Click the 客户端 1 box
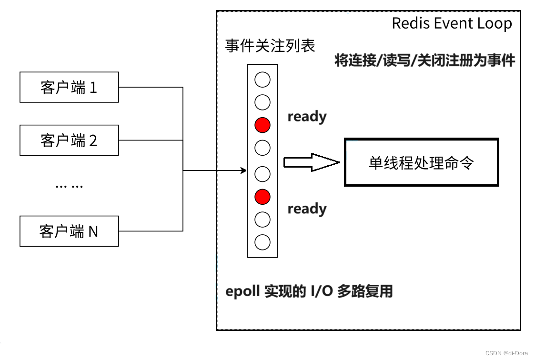pyautogui.click(x=69, y=88)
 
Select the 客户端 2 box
pyautogui.click(x=69, y=140)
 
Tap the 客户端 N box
pyautogui.click(x=69, y=231)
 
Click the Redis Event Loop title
pyautogui.click(x=452, y=23)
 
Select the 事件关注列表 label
pyautogui.click(x=270, y=46)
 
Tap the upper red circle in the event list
pyautogui.click(x=262, y=125)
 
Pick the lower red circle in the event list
pyautogui.click(x=262, y=196)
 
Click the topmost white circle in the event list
pyautogui.click(x=262, y=80)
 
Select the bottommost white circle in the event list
pyautogui.click(x=262, y=242)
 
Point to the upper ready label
pyautogui.click(x=307, y=117)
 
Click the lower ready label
pyautogui.click(x=307, y=209)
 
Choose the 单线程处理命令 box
pyautogui.click(x=421, y=162)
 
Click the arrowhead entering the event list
pyautogui.click(x=244, y=170)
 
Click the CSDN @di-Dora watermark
pyautogui.click(x=506, y=353)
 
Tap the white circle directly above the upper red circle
pyautogui.click(x=262, y=102)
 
